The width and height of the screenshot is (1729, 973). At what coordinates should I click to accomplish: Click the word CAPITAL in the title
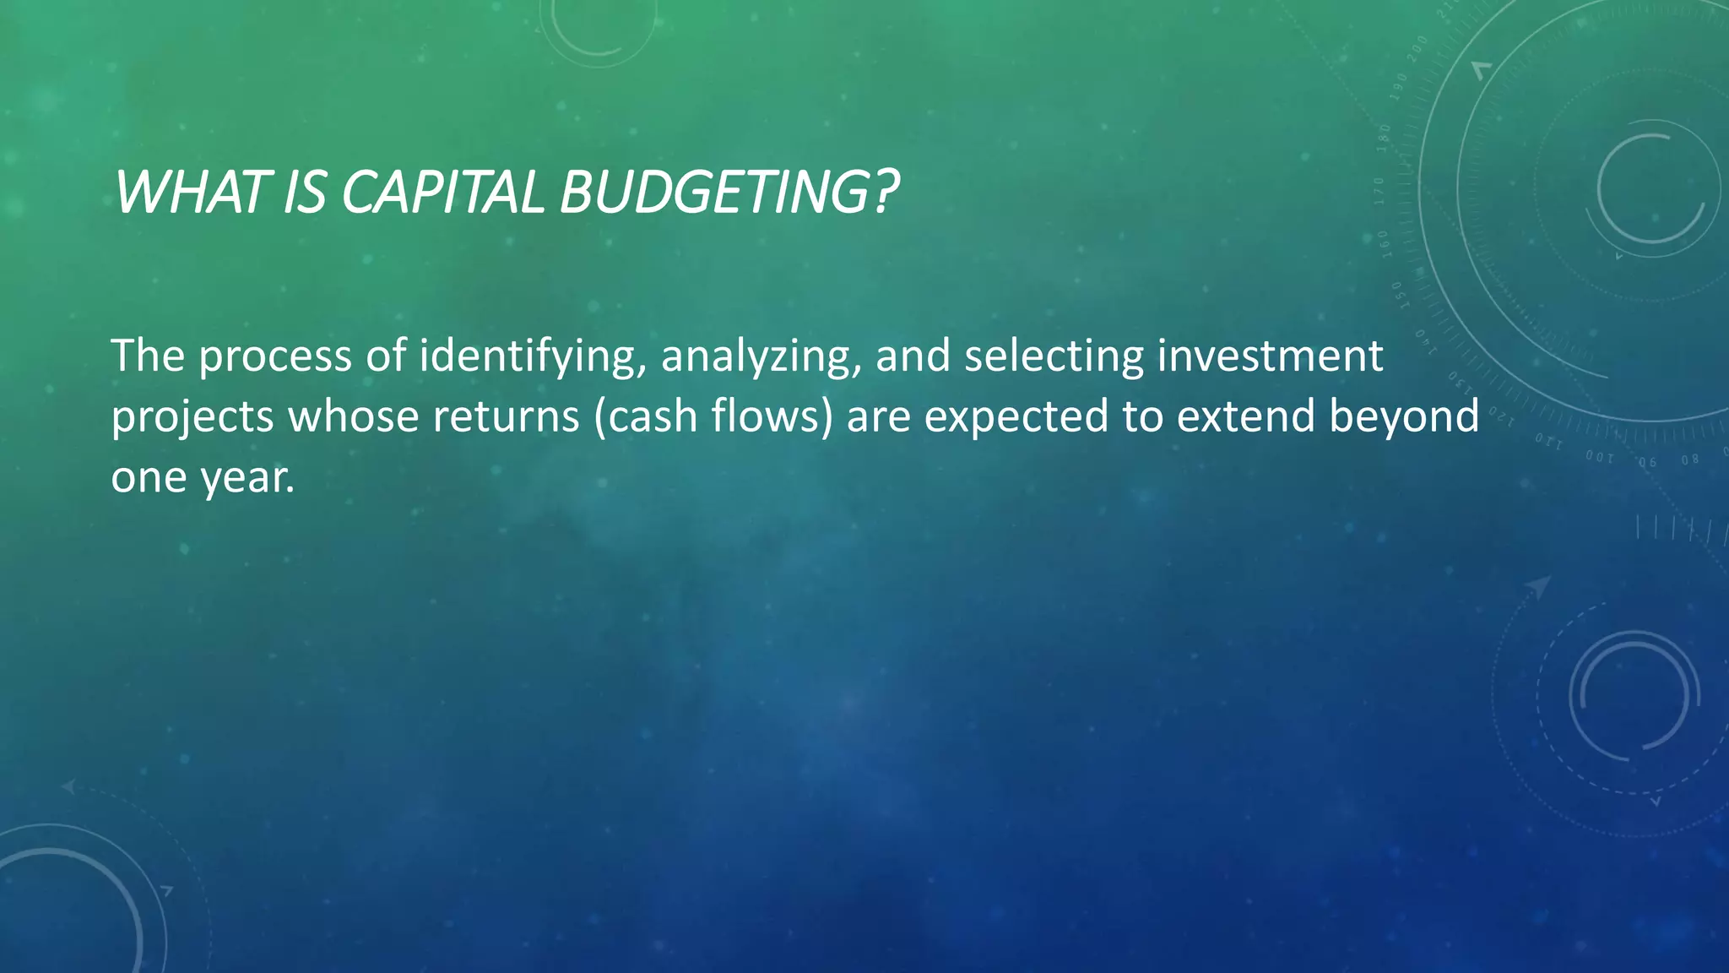444,193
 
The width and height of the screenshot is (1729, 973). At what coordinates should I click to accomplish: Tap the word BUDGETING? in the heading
729,193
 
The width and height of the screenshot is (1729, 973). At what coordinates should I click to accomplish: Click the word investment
1270,355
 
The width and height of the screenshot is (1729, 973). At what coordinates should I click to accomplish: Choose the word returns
507,416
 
